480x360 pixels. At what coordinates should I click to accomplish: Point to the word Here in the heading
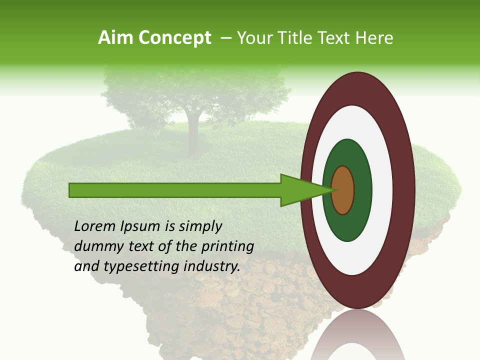375,38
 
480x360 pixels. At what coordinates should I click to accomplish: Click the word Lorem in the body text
95,226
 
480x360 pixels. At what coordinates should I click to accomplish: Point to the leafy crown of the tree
195,90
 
